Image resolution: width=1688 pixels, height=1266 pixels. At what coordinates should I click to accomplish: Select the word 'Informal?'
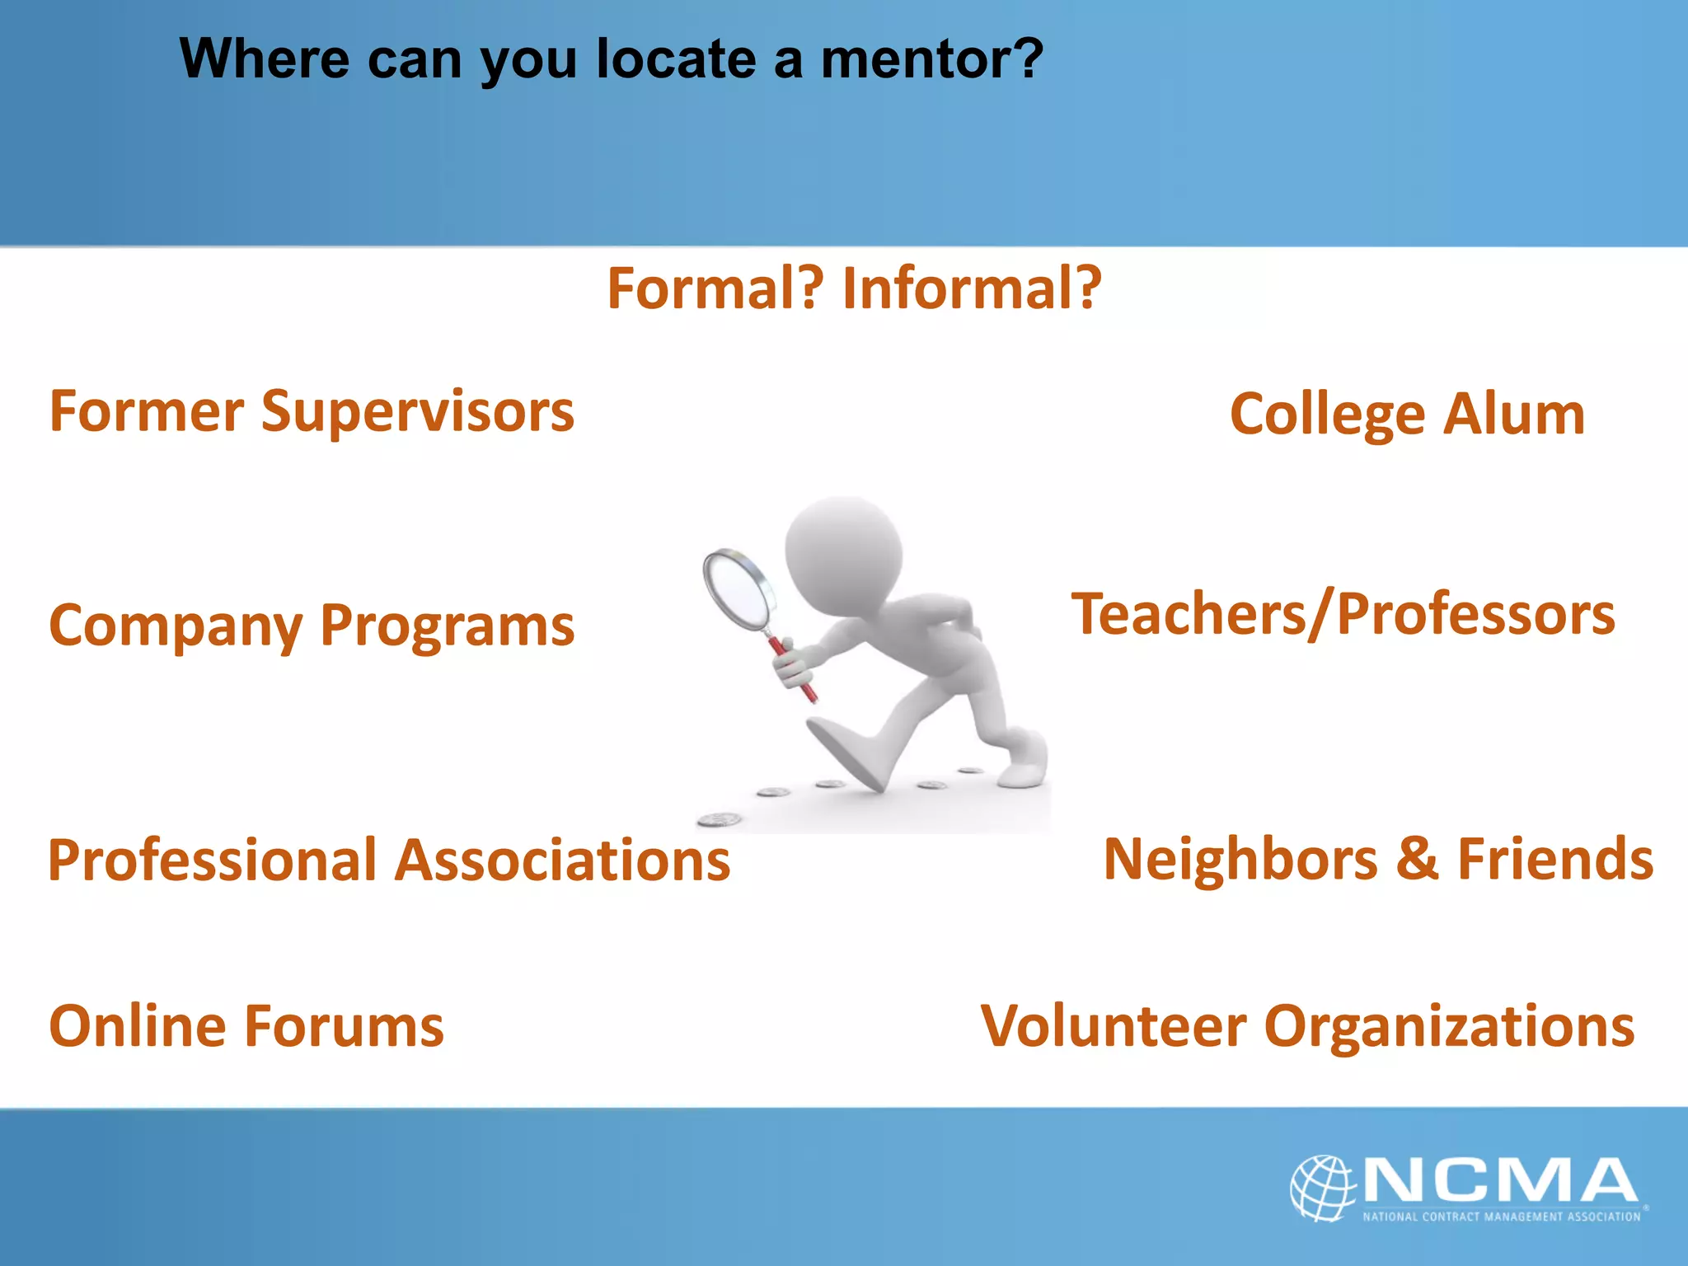[x=972, y=288]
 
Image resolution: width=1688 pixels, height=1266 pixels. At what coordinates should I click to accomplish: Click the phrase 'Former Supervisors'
[x=312, y=411]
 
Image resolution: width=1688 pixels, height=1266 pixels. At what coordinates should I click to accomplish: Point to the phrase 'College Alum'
[x=1407, y=414]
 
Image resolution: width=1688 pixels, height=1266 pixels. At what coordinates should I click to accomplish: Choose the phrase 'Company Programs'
[x=312, y=626]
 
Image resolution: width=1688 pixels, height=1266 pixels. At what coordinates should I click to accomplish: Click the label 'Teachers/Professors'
[x=1343, y=615]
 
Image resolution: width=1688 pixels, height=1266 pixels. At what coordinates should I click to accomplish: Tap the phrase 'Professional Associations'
[x=389, y=860]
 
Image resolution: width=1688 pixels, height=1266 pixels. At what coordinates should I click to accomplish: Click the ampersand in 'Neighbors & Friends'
[x=1417, y=859]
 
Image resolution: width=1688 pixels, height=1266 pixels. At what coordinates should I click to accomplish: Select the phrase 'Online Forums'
[x=246, y=1026]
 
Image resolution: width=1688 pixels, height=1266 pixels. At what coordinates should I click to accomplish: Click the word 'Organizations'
[x=1449, y=1027]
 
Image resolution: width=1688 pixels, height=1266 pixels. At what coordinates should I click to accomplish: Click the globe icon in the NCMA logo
[x=1322, y=1188]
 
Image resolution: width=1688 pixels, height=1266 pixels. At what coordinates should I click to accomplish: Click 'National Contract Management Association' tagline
[x=1501, y=1217]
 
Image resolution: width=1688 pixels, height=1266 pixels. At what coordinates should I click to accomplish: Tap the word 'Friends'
[x=1555, y=859]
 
